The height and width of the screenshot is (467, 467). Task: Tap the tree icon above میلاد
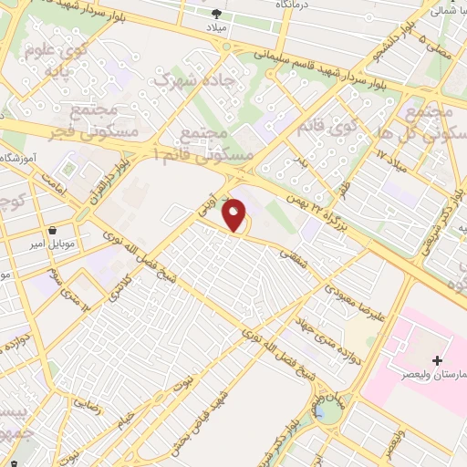click(x=216, y=14)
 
